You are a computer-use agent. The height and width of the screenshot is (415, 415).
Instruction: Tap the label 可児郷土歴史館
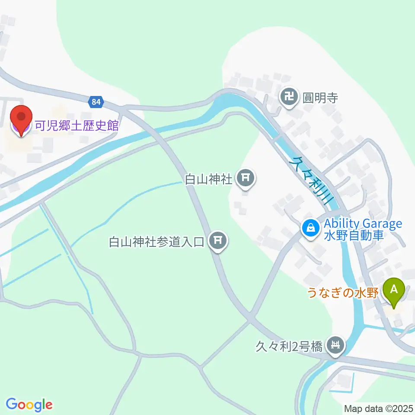pos(77,126)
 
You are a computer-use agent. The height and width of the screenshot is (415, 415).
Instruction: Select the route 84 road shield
pos(96,102)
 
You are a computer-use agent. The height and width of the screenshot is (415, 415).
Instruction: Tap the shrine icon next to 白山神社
pos(246,178)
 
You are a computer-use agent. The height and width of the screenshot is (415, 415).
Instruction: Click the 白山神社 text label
pos(209,179)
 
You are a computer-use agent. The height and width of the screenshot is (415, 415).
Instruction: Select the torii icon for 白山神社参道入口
pos(217,240)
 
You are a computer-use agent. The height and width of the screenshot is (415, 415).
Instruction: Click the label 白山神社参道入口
pos(156,241)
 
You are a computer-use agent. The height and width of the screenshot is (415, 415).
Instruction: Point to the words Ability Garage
pos(363,224)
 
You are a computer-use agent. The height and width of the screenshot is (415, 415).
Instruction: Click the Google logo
pos(29,405)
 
